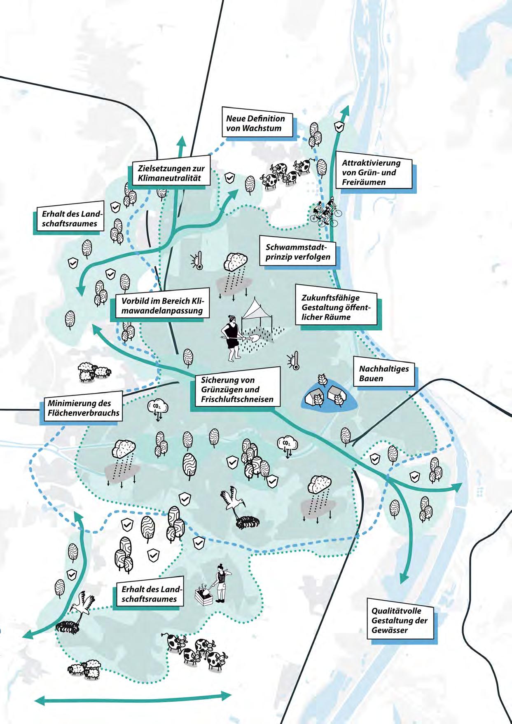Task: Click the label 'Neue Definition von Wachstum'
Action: (x=256, y=123)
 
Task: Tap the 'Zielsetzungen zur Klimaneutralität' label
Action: (x=171, y=173)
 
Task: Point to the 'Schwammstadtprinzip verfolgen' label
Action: (x=298, y=252)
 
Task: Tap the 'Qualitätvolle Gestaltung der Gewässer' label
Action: (x=399, y=621)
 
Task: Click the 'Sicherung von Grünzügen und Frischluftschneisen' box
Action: (x=233, y=389)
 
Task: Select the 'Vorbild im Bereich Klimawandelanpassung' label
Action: (x=162, y=305)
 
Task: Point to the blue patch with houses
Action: (x=328, y=396)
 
